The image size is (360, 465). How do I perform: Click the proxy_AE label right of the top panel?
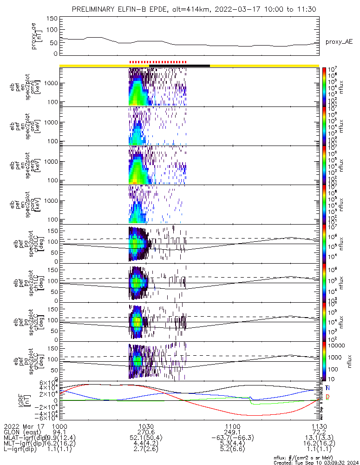pos(339,42)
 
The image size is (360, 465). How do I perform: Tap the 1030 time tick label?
pos(146,426)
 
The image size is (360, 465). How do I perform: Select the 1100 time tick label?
pos(232,426)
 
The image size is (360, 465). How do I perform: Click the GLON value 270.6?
pos(146,432)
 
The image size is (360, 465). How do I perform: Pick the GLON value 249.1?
pos(232,432)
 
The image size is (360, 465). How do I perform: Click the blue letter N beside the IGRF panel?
pos(328,388)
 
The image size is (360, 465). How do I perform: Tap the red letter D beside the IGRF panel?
pos(328,397)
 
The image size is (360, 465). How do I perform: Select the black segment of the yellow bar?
pos(197,66)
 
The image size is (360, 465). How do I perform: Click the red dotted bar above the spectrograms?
pos(157,62)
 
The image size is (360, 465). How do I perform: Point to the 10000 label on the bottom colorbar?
pos(337,345)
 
